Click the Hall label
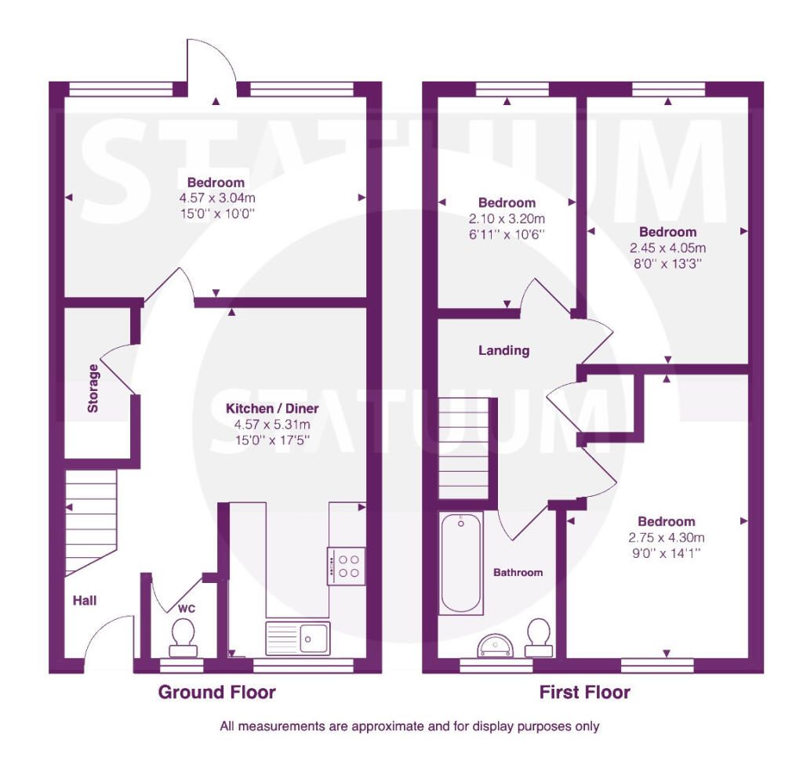pyautogui.click(x=85, y=600)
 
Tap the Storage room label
pyautogui.click(x=93, y=388)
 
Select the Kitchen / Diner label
pyautogui.click(x=272, y=408)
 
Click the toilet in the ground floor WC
pyautogui.click(x=183, y=638)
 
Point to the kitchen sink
pyautogui.click(x=297, y=639)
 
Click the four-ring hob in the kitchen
pyautogui.click(x=346, y=566)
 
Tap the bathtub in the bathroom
pyautogui.click(x=461, y=563)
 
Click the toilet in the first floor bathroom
pyautogui.click(x=539, y=638)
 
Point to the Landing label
pyautogui.click(x=504, y=350)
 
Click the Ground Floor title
pyautogui.click(x=216, y=692)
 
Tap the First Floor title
pyautogui.click(x=584, y=692)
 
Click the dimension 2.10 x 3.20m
pyautogui.click(x=507, y=219)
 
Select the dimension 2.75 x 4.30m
pyautogui.click(x=667, y=538)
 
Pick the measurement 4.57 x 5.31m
pyautogui.click(x=272, y=425)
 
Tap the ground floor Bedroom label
pyautogui.click(x=216, y=183)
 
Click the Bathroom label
pyautogui.click(x=518, y=572)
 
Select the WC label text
pyautogui.click(x=187, y=609)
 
